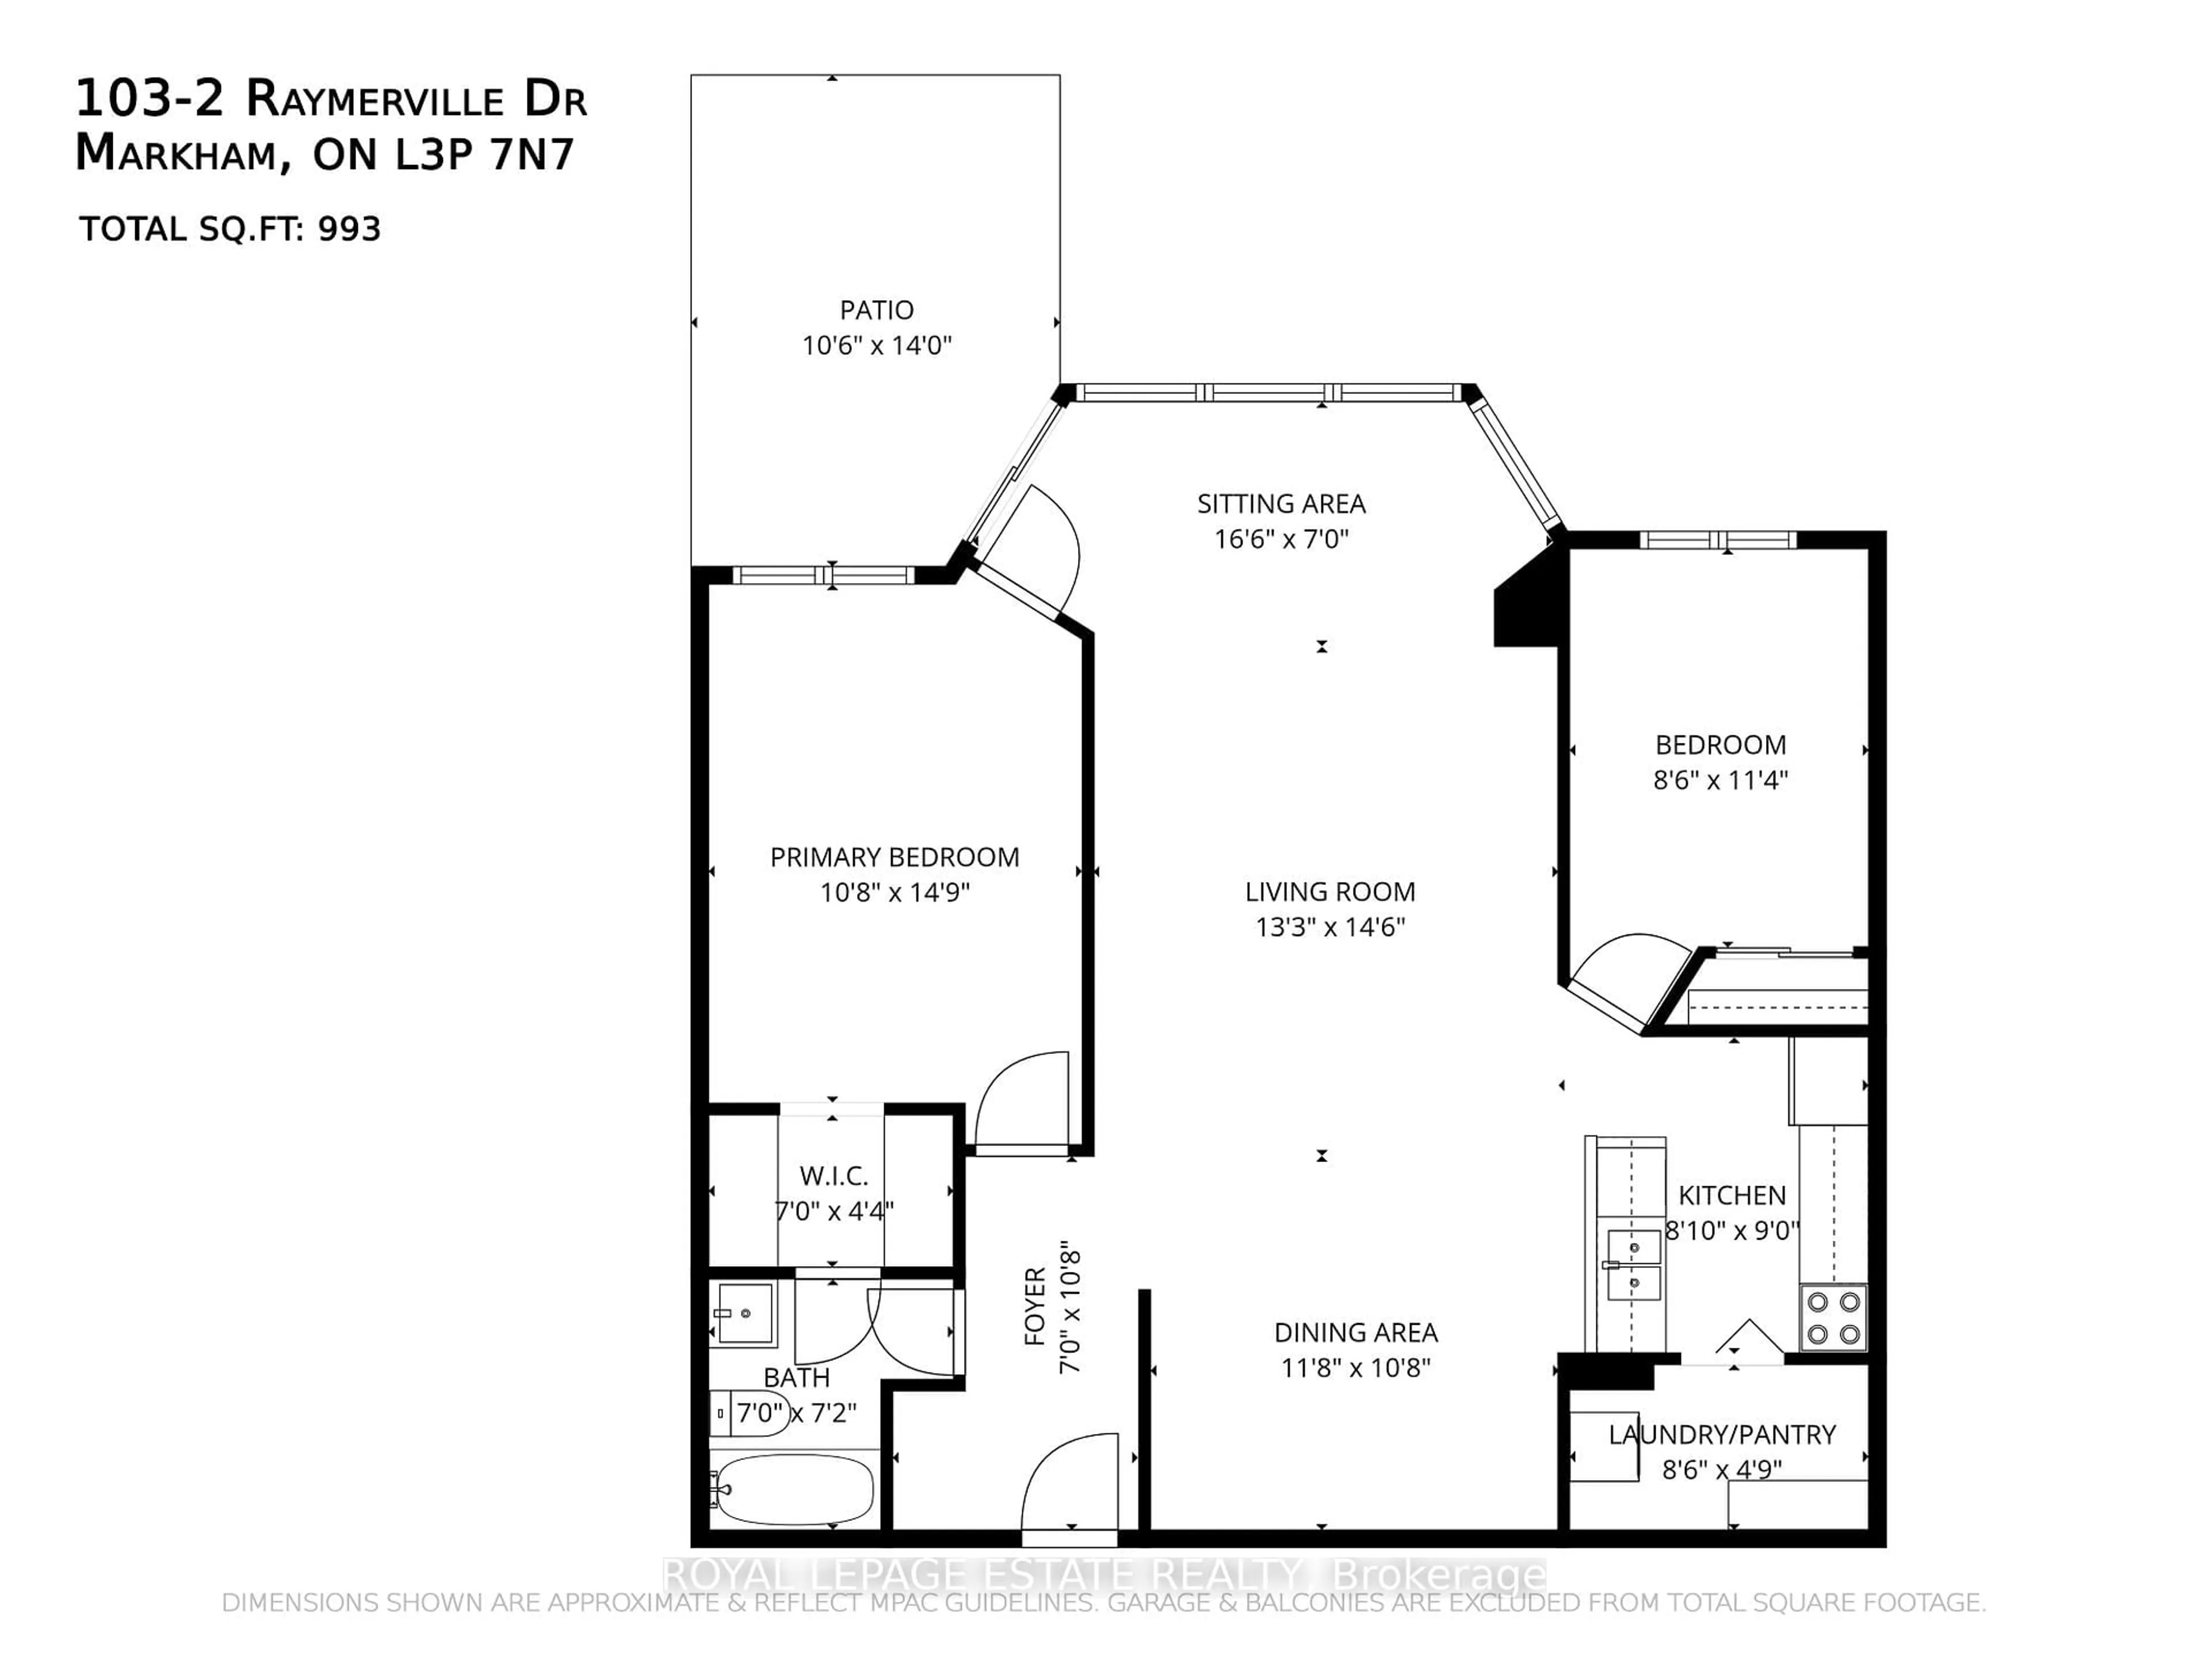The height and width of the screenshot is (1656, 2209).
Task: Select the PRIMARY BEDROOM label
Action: pyautogui.click(x=894, y=857)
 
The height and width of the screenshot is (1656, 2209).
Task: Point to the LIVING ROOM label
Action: pyautogui.click(x=1329, y=891)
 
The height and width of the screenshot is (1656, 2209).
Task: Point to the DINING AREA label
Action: pyautogui.click(x=1355, y=1333)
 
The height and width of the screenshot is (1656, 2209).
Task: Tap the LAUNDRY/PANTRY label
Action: pyautogui.click(x=1722, y=1435)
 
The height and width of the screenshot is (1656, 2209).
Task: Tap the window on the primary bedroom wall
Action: pyautogui.click(x=824, y=575)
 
